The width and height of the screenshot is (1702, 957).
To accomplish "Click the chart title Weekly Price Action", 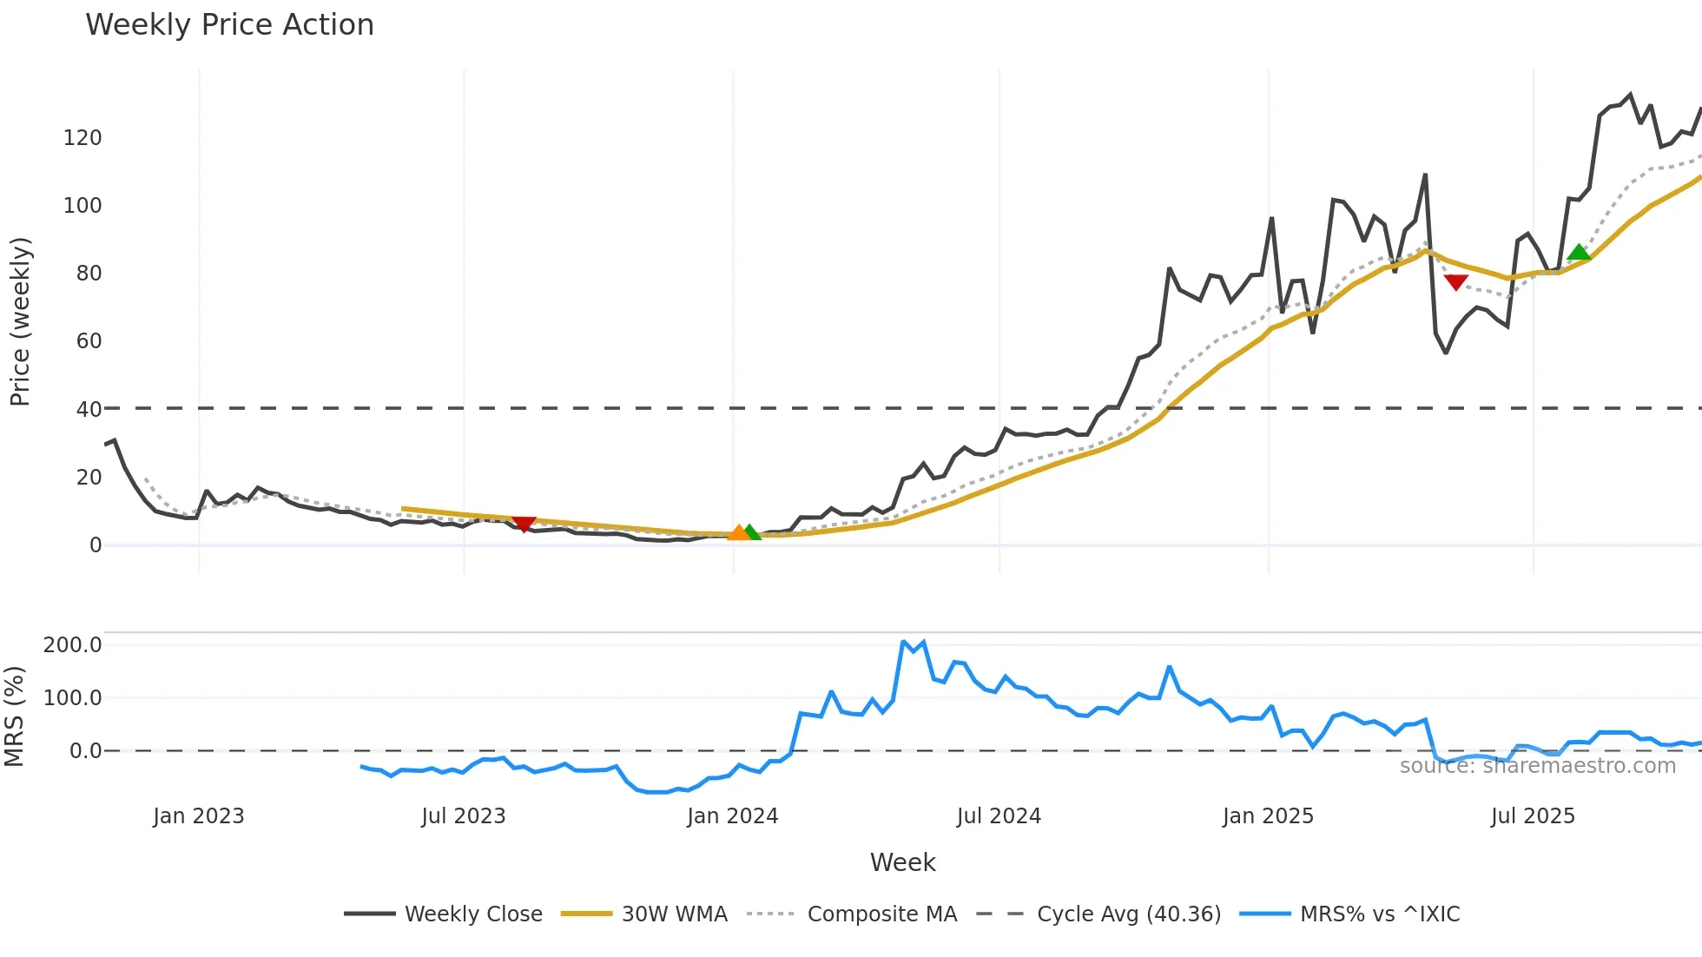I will click(x=229, y=25).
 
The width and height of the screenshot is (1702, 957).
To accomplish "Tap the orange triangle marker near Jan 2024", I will click(x=738, y=532).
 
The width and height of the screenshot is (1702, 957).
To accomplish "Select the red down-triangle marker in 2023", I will click(x=524, y=524).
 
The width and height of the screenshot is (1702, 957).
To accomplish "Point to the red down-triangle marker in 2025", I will click(x=1456, y=281).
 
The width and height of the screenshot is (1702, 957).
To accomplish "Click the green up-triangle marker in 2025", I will click(x=1579, y=253).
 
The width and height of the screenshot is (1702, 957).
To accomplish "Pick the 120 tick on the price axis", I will click(x=82, y=138).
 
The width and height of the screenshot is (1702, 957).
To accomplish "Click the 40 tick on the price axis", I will click(x=89, y=409).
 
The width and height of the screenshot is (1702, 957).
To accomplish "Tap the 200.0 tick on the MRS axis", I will click(x=73, y=645).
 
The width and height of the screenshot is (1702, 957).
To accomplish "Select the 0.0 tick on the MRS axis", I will click(x=85, y=751).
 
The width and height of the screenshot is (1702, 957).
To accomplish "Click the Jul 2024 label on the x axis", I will click(x=999, y=816).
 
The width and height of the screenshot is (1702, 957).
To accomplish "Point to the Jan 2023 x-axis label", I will click(x=199, y=816).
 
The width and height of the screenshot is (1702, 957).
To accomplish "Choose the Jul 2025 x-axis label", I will click(x=1533, y=816).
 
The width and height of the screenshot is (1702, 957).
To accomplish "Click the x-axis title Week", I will click(x=902, y=862).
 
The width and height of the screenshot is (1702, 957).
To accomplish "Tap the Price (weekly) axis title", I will click(x=20, y=321).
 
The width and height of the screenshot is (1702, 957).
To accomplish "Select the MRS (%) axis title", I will click(x=15, y=716).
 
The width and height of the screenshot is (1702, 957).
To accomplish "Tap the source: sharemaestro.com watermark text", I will click(x=1537, y=766).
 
